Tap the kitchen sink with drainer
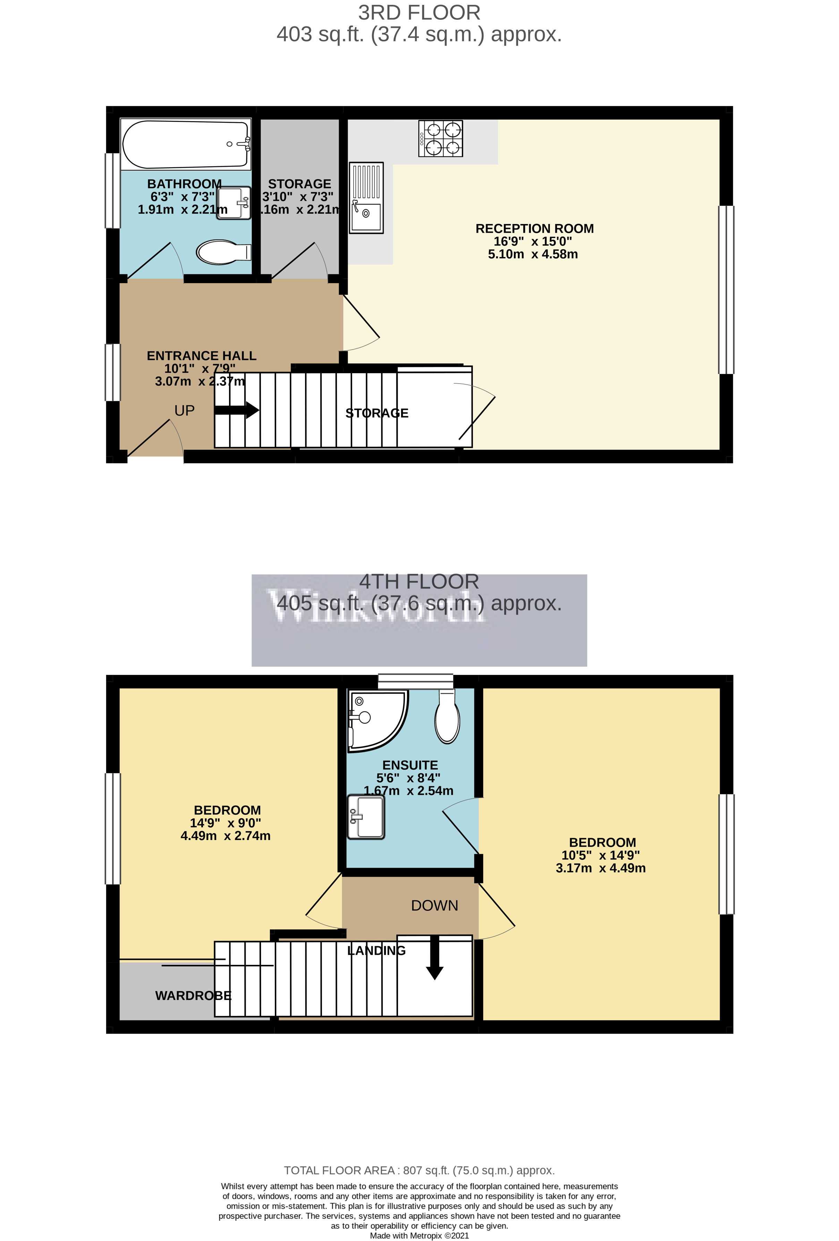pyautogui.click(x=366, y=198)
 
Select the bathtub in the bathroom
pyautogui.click(x=185, y=144)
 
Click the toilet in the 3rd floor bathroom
pyautogui.click(x=223, y=252)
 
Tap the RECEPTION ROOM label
pyautogui.click(x=534, y=229)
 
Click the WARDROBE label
pyautogui.click(x=193, y=995)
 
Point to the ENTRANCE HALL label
pyautogui.click(x=201, y=356)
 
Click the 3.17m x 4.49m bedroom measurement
pyautogui.click(x=600, y=868)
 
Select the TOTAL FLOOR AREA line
pyautogui.click(x=419, y=1171)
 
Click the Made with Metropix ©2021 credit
pyautogui.click(x=419, y=1236)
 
